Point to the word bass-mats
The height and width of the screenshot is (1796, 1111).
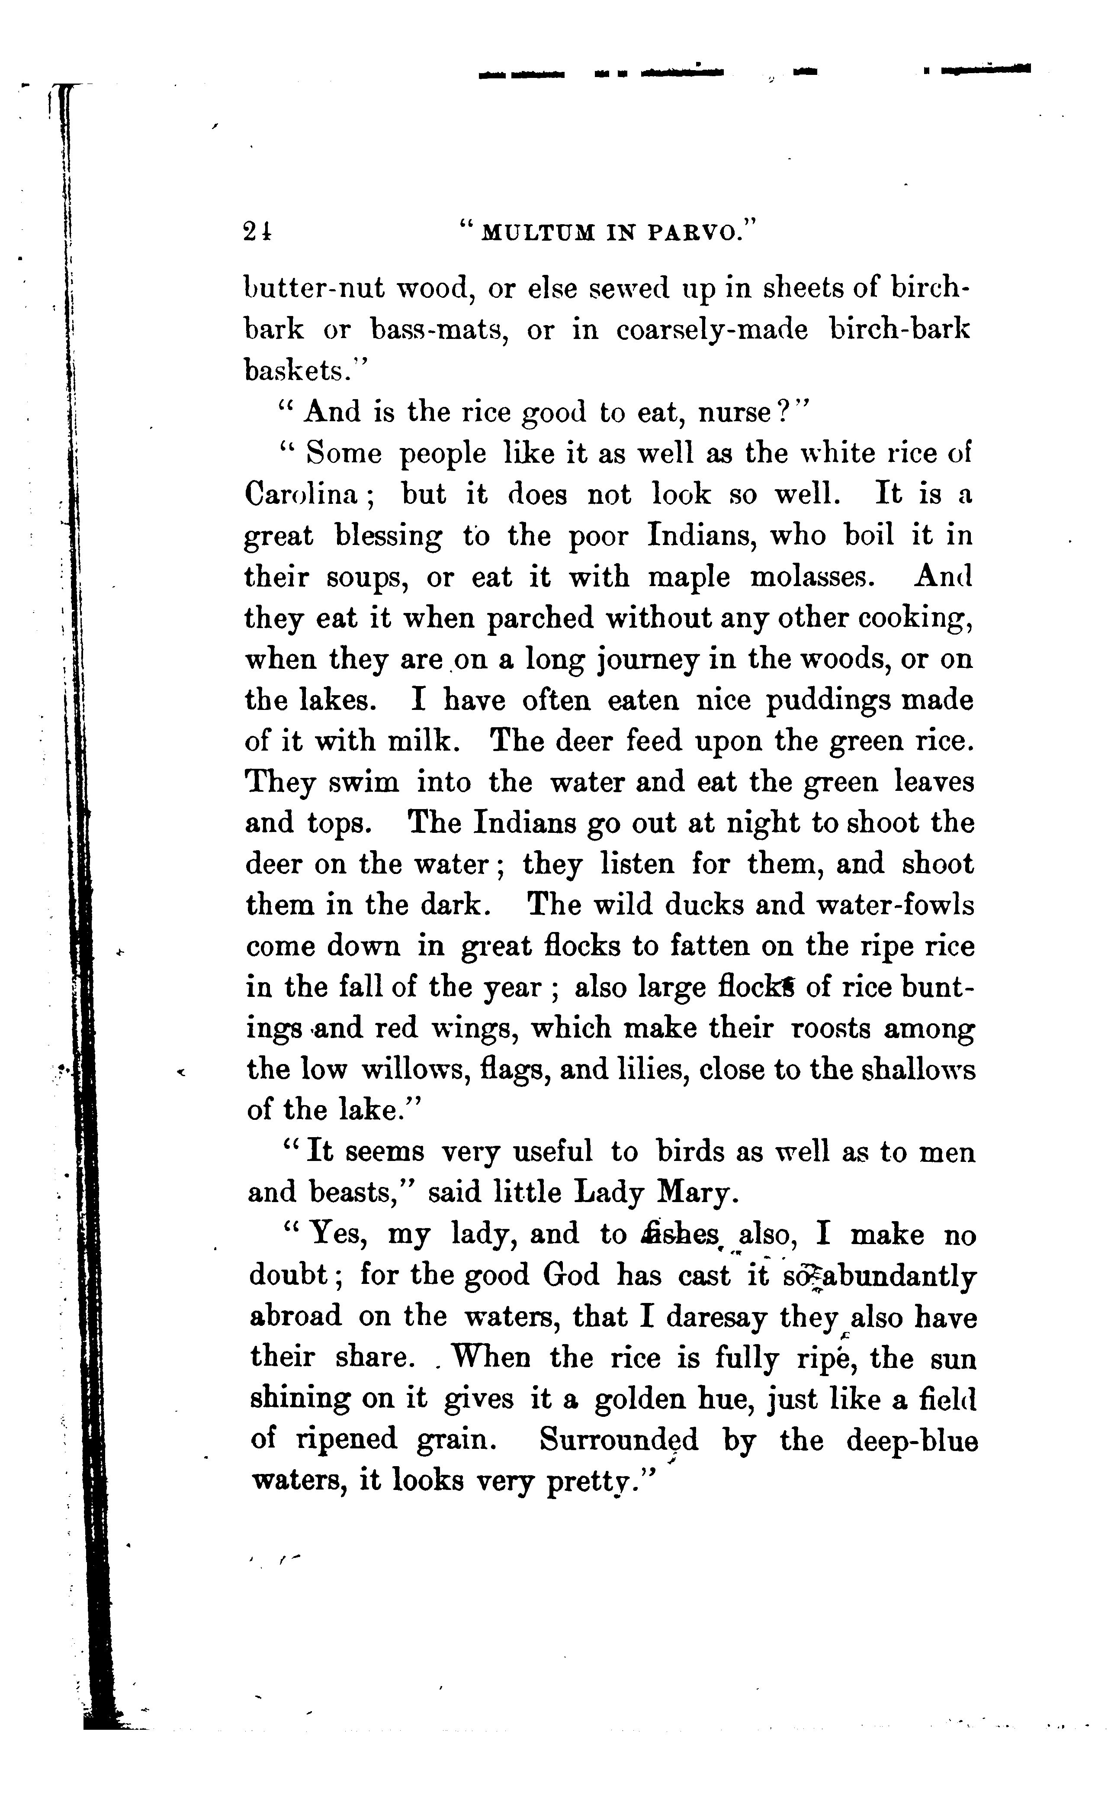pyautogui.click(x=436, y=330)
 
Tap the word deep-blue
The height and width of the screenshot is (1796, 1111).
pyautogui.click(x=912, y=1439)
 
